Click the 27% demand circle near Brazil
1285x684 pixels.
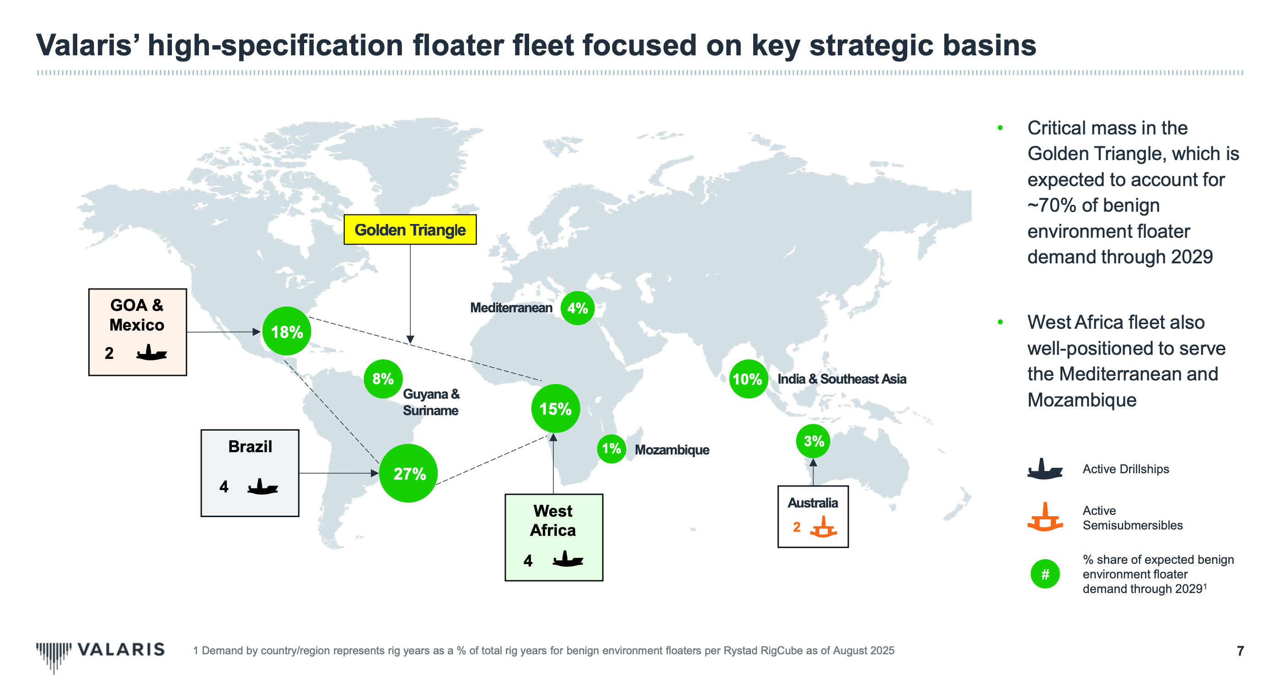[x=408, y=473]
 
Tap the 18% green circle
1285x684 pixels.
[x=286, y=331]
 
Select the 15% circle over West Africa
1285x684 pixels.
[x=555, y=409]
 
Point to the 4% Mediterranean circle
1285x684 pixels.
[x=577, y=308]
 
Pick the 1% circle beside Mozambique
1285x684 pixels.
[x=611, y=449]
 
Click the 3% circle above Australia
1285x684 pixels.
[x=813, y=441]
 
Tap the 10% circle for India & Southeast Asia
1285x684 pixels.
[x=748, y=379]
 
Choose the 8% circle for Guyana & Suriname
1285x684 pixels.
[x=383, y=379]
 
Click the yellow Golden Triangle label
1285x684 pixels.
[x=410, y=230]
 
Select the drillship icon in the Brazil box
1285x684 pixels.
[x=262, y=487]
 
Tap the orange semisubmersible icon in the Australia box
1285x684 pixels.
[x=823, y=527]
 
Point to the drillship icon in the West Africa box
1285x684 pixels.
[x=568, y=559]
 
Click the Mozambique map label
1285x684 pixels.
[x=671, y=449]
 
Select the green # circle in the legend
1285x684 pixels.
[x=1044, y=574]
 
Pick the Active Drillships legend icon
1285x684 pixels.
[x=1044, y=469]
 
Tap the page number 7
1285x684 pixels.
[x=1240, y=651]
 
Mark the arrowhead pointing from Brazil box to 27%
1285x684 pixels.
[x=375, y=473]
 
